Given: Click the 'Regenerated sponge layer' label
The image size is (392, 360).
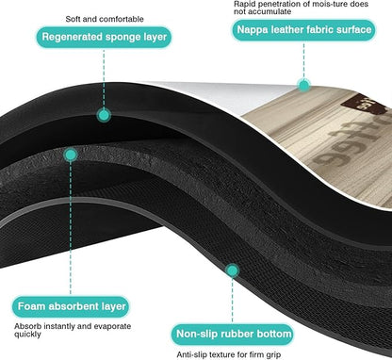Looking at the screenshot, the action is click(104, 37).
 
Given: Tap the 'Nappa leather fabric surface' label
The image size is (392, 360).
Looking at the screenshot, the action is click(303, 30).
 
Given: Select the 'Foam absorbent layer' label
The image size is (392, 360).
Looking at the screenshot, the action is click(72, 306).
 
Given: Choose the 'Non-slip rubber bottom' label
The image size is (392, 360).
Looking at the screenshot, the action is click(234, 334).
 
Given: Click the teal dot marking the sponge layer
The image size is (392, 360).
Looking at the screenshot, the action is click(104, 115).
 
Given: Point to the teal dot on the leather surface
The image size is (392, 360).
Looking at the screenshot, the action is click(303, 85).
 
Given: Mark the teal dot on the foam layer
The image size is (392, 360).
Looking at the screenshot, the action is click(71, 155).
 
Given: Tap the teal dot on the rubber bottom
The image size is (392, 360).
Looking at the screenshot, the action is click(233, 270).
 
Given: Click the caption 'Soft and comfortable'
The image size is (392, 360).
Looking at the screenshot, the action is click(105, 19).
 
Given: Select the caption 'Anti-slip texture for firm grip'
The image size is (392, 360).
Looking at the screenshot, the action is click(228, 355).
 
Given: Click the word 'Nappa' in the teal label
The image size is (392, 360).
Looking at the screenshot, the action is click(253, 30).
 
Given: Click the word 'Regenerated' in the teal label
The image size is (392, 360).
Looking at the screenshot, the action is click(72, 38).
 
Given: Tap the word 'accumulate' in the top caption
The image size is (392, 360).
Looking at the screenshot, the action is click(270, 12).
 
